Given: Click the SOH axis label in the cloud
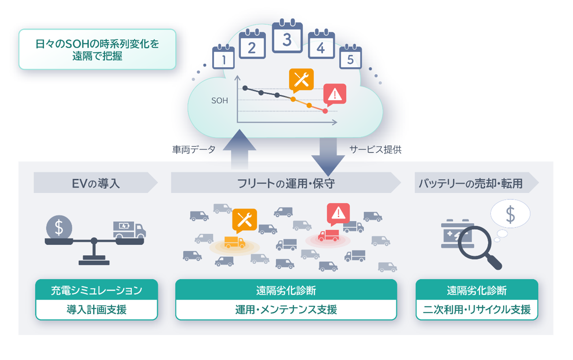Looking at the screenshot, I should [x=219, y=101].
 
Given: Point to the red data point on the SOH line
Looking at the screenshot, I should [x=325, y=111].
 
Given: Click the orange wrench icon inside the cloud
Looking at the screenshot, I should [x=301, y=80].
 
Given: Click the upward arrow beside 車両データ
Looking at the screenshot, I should [x=240, y=148].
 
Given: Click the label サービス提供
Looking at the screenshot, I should [x=375, y=150].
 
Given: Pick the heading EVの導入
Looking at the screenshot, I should [x=96, y=183].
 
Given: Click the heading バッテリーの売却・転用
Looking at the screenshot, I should [x=470, y=183].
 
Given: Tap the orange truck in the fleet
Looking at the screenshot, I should [x=235, y=242].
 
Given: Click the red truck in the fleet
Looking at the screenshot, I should [x=328, y=235].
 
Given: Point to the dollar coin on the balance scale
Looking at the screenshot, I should [x=59, y=228].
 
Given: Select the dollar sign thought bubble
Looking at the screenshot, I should [x=510, y=214].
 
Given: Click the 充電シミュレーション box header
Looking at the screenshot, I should [x=96, y=290].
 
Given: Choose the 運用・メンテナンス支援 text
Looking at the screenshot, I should [x=286, y=310].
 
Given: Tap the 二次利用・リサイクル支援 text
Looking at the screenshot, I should [x=477, y=310].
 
